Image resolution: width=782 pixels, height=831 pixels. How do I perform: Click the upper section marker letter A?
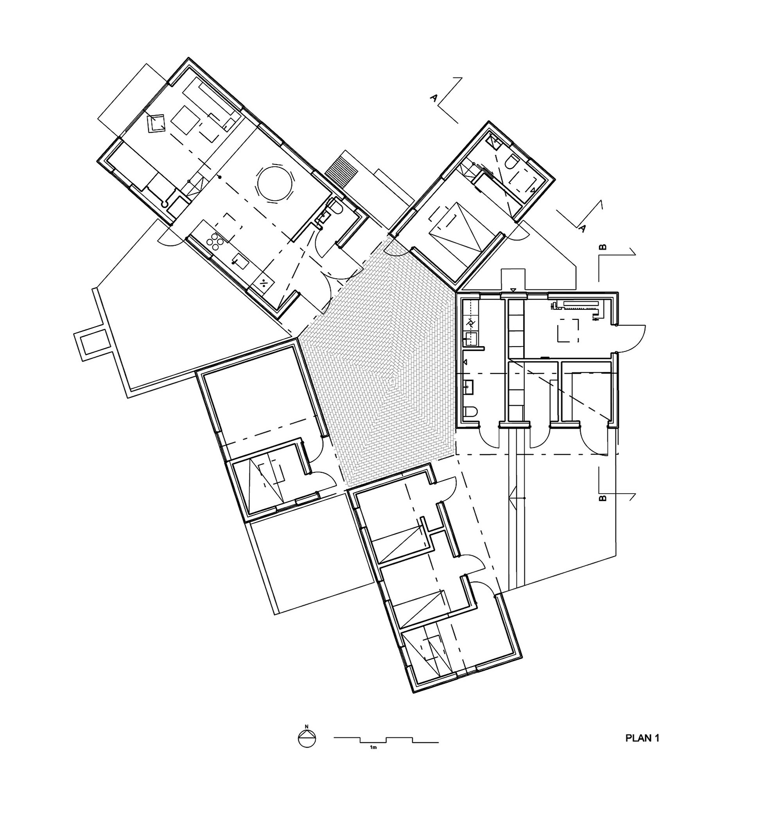pyautogui.click(x=434, y=98)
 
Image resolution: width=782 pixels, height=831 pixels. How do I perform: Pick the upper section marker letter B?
pyautogui.click(x=602, y=247)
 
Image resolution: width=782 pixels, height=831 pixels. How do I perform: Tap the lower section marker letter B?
pyautogui.click(x=602, y=498)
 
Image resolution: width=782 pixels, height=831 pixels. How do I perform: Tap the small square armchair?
pyautogui.click(x=157, y=123)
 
